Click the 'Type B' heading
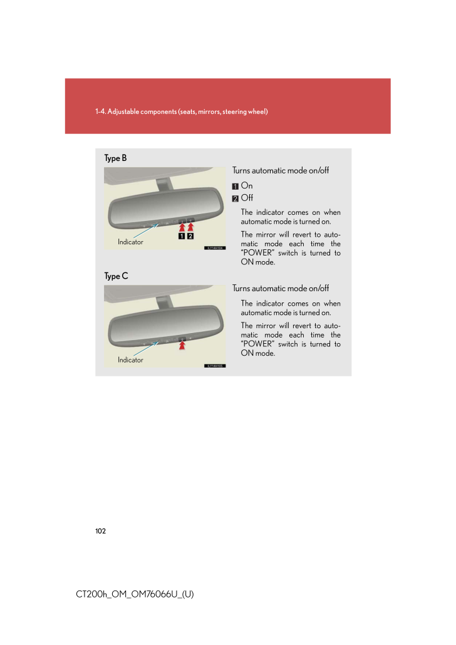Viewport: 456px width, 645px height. (115, 158)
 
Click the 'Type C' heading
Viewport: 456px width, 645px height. (116, 276)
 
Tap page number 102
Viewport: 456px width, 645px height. (101, 531)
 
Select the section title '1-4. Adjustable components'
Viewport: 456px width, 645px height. (182, 111)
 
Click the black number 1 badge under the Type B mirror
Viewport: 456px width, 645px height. (181, 237)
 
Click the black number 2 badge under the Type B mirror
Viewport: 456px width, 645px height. (190, 237)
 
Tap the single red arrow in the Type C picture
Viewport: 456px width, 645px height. (182, 344)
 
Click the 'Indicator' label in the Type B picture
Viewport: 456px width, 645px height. (130, 242)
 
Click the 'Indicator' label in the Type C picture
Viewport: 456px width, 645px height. (130, 360)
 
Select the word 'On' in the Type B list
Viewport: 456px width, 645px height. (247, 186)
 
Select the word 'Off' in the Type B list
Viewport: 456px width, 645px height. (247, 199)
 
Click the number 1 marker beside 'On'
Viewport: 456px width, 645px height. (236, 186)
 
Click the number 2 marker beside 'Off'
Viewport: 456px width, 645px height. (236, 199)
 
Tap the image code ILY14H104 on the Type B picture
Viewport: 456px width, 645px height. (214, 248)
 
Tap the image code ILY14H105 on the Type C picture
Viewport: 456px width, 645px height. (214, 366)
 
